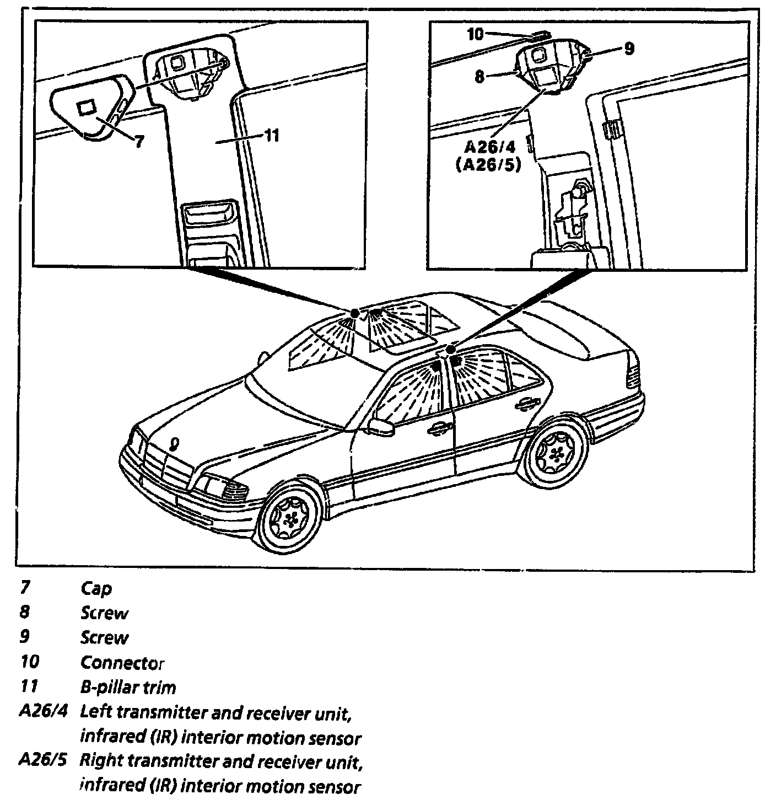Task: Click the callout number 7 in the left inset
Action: [139, 142]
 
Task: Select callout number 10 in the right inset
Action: [475, 34]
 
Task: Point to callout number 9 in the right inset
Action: [628, 49]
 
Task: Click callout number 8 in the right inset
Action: [479, 77]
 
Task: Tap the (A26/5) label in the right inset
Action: [489, 165]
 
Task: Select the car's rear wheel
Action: [554, 454]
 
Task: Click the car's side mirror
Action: [379, 426]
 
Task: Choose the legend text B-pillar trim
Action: [128, 687]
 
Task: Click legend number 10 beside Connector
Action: [30, 661]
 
